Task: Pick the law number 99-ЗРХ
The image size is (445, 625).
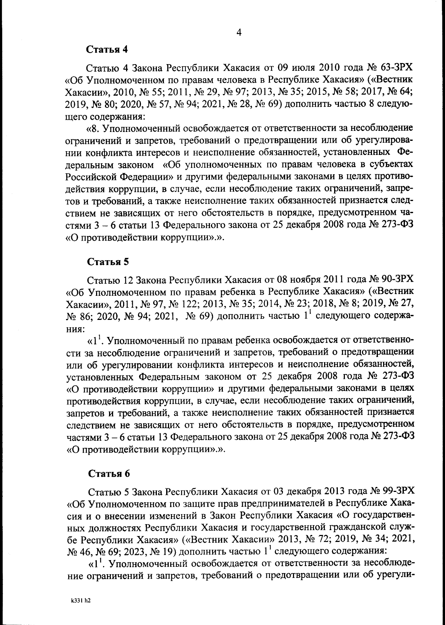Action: pos(398,492)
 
